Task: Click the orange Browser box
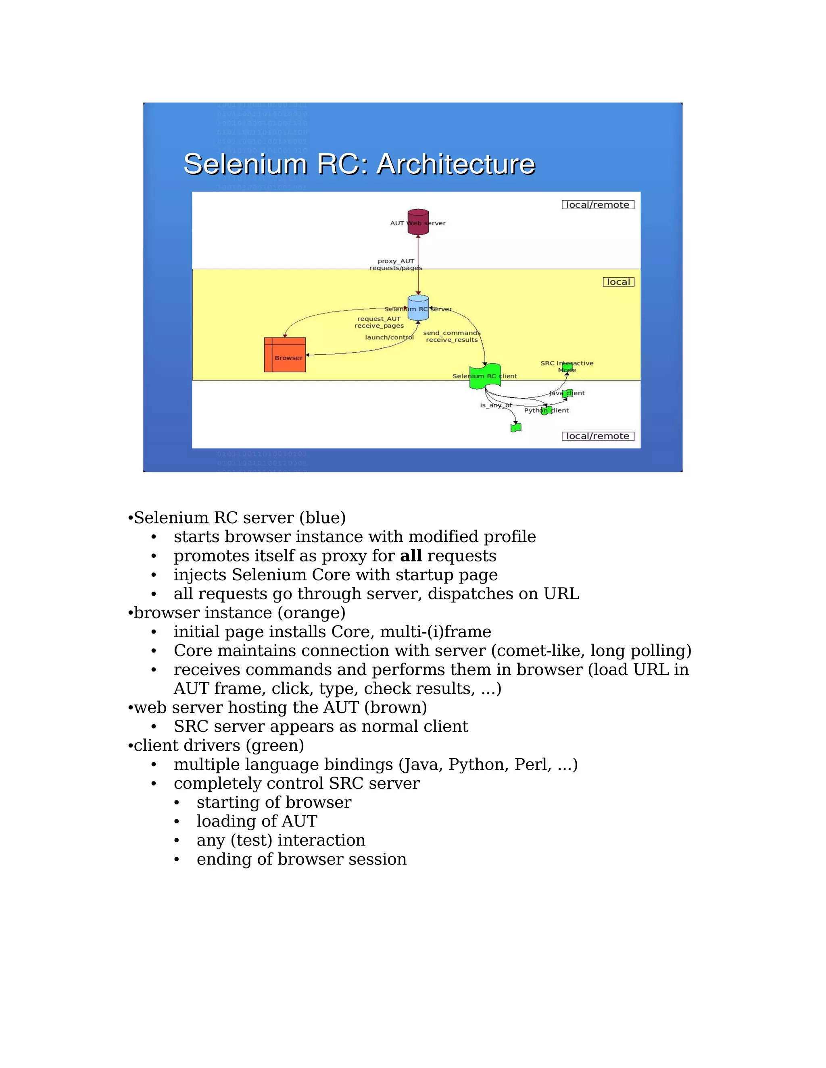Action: click(285, 355)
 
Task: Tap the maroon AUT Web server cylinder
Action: click(418, 222)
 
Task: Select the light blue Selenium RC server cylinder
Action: click(418, 308)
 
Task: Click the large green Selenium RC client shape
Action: click(484, 376)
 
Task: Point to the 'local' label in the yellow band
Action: click(619, 282)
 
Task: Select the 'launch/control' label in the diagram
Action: click(389, 337)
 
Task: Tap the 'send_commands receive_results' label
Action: click(452, 337)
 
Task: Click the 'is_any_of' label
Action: click(495, 405)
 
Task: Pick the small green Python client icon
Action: click(546, 410)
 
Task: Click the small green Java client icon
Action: click(567, 393)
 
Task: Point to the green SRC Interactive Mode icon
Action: click(567, 367)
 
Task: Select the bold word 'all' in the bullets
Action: click(411, 556)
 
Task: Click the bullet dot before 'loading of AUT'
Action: click(177, 821)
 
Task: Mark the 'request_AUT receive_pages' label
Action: click(379, 322)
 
